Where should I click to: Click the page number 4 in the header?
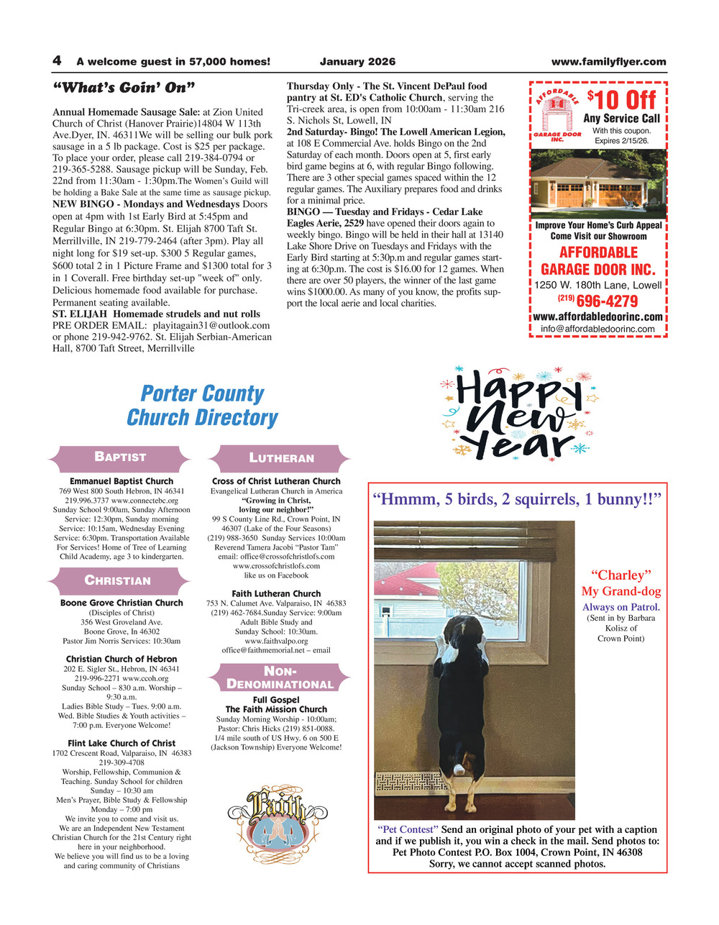click(x=56, y=61)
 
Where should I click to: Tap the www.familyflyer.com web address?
click(x=608, y=62)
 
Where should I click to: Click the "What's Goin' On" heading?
click(x=124, y=88)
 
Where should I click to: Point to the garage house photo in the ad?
click(x=598, y=183)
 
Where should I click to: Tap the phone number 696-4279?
click(x=607, y=301)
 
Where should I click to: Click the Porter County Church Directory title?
click(x=202, y=406)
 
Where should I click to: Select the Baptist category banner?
click(x=120, y=457)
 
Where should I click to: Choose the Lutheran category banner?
click(x=281, y=458)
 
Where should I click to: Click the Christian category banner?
click(x=118, y=580)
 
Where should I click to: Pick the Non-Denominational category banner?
click(x=280, y=678)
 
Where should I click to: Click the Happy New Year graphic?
click(x=517, y=416)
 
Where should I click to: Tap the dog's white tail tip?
click(x=458, y=769)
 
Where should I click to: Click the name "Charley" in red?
click(x=620, y=575)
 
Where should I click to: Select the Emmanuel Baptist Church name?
click(x=122, y=481)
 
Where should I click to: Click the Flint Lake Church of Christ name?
click(x=122, y=743)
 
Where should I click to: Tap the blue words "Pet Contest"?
click(x=408, y=829)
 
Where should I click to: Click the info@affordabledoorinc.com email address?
click(x=597, y=329)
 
